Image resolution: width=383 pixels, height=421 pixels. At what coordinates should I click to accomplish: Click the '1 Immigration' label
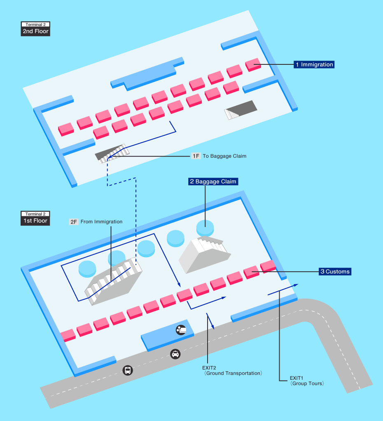314,64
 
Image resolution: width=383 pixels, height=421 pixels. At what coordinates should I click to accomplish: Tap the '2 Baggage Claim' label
213,182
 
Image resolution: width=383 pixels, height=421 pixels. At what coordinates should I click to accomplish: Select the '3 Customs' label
335,272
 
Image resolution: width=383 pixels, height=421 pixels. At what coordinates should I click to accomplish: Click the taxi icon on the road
175,354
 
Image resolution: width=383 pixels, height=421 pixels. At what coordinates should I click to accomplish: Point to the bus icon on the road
128,370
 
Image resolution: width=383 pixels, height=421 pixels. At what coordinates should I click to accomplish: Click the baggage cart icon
181,330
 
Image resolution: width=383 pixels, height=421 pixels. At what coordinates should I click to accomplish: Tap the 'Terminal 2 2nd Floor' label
35,29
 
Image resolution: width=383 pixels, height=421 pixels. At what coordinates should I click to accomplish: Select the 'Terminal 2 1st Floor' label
35,218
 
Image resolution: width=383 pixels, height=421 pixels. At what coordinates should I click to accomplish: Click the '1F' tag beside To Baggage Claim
196,156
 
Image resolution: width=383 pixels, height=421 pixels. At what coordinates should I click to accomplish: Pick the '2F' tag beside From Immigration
74,222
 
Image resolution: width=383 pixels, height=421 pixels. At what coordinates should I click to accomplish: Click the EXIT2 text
209,368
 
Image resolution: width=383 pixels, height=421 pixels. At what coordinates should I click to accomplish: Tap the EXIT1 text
297,378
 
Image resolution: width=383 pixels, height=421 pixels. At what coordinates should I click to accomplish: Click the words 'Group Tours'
307,383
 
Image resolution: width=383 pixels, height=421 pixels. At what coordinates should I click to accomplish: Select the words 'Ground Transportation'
233,373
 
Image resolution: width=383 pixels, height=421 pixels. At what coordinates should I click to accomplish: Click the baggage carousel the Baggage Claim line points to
205,228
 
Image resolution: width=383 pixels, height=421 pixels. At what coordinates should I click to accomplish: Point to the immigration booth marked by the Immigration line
253,65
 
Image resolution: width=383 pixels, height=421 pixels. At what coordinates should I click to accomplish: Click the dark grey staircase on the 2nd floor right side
241,110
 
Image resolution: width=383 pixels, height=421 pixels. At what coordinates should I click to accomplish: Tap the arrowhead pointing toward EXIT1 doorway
296,285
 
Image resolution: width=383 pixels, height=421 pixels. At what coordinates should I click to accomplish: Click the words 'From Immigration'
101,222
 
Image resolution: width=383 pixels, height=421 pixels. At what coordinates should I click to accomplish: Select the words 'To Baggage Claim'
224,156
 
